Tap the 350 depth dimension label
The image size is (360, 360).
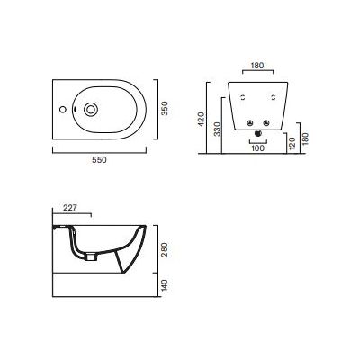[x=164, y=110]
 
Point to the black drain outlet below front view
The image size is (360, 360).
[x=259, y=135]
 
